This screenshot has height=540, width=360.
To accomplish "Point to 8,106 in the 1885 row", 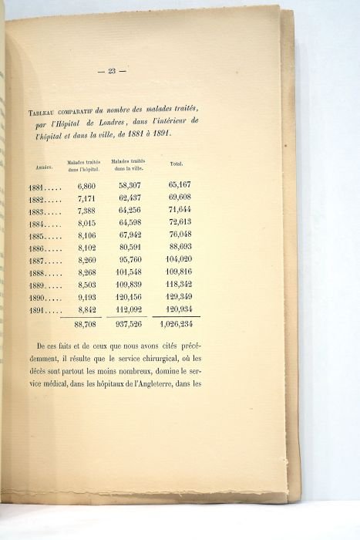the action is (86, 236).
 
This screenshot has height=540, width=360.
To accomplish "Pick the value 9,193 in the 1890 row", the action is (86, 300).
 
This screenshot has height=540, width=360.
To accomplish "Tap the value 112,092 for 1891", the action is (132, 313).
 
